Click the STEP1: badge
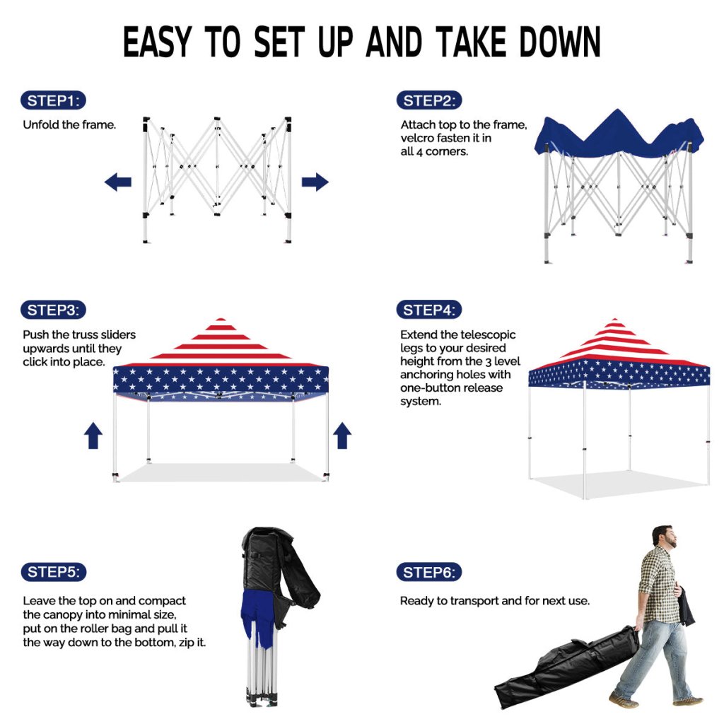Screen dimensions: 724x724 [53, 100]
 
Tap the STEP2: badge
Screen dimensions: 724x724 [429, 100]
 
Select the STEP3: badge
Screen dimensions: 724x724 [53, 310]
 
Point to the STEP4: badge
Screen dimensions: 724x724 [429, 310]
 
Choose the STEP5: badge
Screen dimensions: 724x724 [54, 572]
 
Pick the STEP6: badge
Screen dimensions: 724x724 [429, 573]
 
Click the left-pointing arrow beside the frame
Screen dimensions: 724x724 [118, 182]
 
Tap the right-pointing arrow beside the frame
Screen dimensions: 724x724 [315, 182]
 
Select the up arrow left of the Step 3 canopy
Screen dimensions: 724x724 [93, 436]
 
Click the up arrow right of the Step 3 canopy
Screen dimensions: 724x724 [342, 436]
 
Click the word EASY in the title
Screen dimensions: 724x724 [157, 42]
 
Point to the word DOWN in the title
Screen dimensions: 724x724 [560, 42]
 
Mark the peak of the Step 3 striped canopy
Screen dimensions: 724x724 [221, 319]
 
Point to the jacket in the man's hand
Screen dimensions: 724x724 [686, 606]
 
